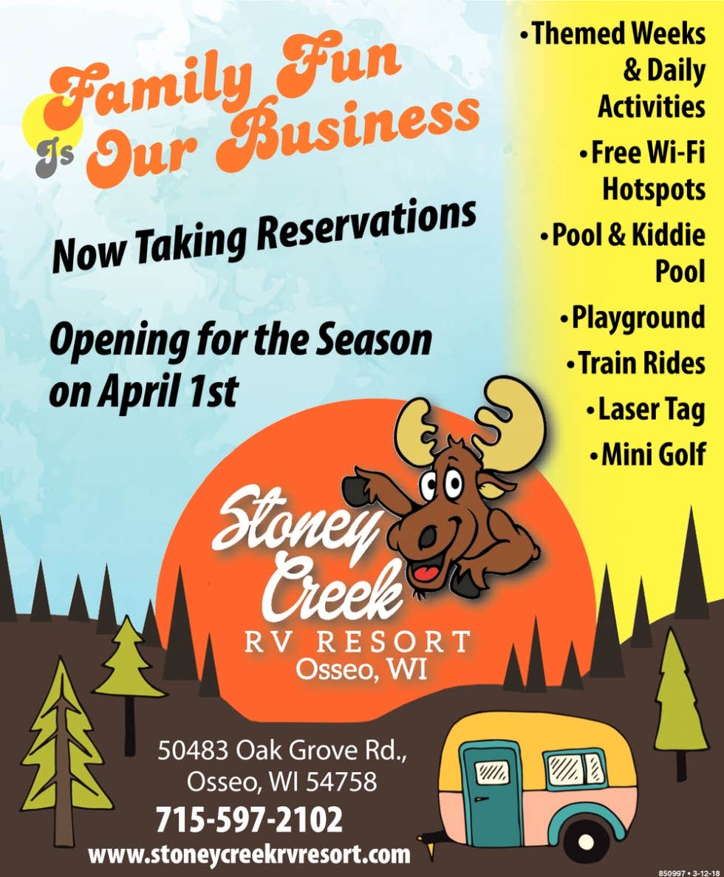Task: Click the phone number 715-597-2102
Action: coord(249,820)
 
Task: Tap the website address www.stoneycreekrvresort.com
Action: coord(250,854)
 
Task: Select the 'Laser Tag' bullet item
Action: coord(646,410)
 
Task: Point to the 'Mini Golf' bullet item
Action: coord(648,454)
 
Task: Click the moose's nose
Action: coord(428,538)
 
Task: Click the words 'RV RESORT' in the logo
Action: coord(358,642)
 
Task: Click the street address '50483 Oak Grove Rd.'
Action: coord(282,751)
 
